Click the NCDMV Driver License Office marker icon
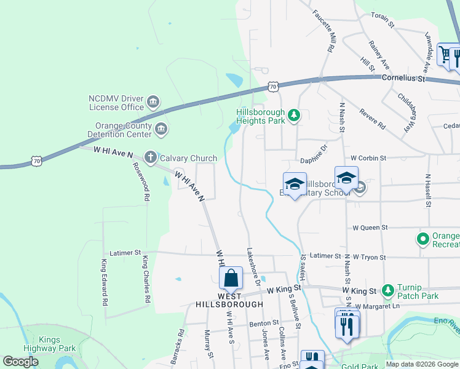[x=154, y=101]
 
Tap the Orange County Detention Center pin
[x=161, y=129]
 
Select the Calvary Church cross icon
[x=149, y=158]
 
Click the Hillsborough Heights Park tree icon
[x=294, y=115]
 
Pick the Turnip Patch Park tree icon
[x=387, y=290]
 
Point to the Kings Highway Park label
[x=57, y=344]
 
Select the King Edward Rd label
[x=104, y=282]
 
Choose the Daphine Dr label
[x=314, y=162]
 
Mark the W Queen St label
[x=370, y=227]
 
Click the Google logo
[x=21, y=362]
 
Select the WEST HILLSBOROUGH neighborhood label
[x=229, y=299]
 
